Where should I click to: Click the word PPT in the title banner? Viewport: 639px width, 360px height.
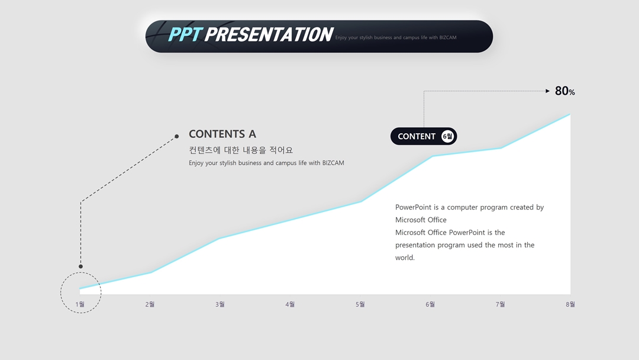[x=185, y=34]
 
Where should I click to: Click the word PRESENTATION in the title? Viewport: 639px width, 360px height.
[x=269, y=34]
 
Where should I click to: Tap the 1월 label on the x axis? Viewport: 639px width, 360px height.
[x=80, y=304]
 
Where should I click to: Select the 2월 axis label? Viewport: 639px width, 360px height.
[x=150, y=304]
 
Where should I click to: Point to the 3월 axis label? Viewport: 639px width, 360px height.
[x=220, y=304]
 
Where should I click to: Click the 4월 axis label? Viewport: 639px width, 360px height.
[x=290, y=304]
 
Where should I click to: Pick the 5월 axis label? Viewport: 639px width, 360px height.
[x=360, y=304]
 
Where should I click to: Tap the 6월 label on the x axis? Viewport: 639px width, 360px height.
[x=430, y=304]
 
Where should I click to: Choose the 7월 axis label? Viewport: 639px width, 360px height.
[x=501, y=304]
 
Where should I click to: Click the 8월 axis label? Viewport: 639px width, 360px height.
[x=570, y=304]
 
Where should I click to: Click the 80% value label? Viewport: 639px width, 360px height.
[x=565, y=91]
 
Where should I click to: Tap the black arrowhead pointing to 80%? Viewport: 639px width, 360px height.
[x=548, y=91]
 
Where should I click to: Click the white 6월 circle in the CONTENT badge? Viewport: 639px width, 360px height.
[x=447, y=136]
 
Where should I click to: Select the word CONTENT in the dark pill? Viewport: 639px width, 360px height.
[x=417, y=137]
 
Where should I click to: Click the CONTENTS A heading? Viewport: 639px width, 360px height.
[x=222, y=134]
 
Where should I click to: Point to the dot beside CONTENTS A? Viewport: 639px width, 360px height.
[x=176, y=136]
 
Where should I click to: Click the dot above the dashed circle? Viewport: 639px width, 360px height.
[x=80, y=266]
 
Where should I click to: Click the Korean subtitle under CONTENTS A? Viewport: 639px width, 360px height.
[x=241, y=150]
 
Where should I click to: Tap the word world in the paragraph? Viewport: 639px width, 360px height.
[x=404, y=258]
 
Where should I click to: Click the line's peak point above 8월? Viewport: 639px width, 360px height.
[x=570, y=114]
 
